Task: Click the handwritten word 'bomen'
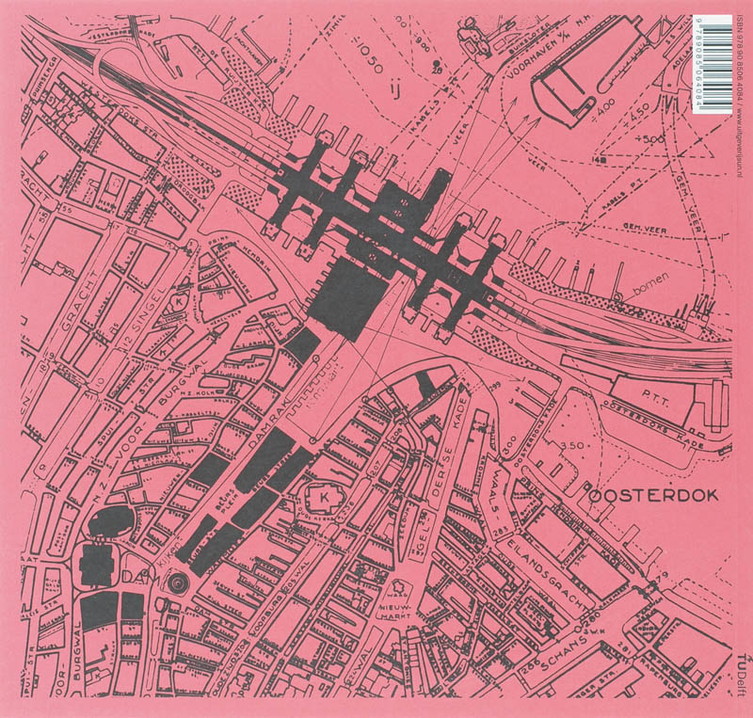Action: [x=653, y=295]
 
